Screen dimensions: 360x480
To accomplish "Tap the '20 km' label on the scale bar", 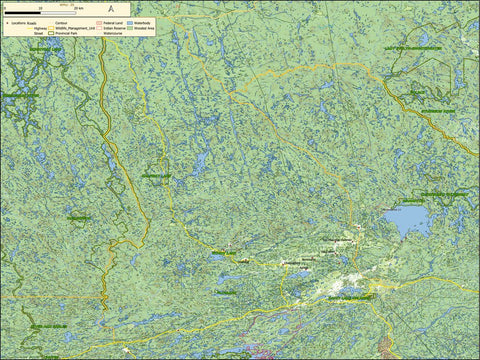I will tap(78, 7).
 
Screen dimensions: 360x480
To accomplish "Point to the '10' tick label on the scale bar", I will tap(40, 7).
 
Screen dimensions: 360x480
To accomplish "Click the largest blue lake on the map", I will tap(407, 220).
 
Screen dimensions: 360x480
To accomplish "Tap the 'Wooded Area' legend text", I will tap(146, 28).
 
